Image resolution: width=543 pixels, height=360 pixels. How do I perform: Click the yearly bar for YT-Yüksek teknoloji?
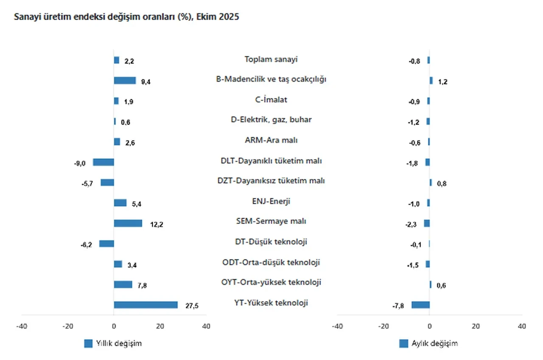pos(146,305)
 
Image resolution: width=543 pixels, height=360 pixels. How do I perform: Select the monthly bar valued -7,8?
pos(420,305)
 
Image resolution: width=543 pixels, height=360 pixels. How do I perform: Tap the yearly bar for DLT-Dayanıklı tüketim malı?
pos(104,162)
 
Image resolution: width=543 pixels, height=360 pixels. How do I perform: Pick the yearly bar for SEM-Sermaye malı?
pos(128,223)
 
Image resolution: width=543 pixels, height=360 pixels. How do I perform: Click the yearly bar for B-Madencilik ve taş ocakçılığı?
pos(125,81)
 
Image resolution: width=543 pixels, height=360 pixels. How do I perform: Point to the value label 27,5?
pos(192,306)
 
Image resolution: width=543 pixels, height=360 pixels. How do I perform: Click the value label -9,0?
pos(80,163)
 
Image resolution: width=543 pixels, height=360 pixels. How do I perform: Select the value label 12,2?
pos(157,224)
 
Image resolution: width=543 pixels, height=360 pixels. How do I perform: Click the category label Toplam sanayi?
pos(271,59)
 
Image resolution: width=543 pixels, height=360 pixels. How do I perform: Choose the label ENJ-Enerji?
pos(271,201)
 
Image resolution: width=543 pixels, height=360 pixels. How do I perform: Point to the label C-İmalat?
pos(271,100)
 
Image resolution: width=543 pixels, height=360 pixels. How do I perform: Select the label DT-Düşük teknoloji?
pos(271,242)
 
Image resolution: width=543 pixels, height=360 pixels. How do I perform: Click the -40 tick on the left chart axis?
pos(21,326)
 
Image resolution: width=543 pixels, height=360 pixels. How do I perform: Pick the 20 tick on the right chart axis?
pos(476,326)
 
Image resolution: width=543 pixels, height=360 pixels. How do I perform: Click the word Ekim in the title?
pos(207,17)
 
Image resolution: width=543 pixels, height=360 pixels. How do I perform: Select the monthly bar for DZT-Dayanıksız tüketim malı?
pos(431,182)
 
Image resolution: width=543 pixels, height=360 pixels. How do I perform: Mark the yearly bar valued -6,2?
pos(106,243)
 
